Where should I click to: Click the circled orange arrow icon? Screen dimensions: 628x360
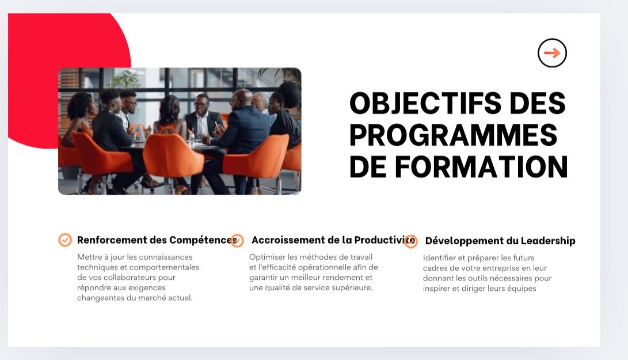pyautogui.click(x=552, y=53)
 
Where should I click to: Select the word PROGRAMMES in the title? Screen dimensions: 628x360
pyautogui.click(x=454, y=135)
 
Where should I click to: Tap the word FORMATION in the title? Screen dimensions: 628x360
pyautogui.click(x=481, y=167)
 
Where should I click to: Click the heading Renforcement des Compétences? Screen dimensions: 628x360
pyautogui.click(x=157, y=240)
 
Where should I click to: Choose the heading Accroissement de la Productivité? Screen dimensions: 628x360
pyautogui.click(x=333, y=240)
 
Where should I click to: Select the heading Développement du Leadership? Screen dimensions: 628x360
pyautogui.click(x=500, y=241)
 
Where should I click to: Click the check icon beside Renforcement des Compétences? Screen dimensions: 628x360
pyautogui.click(x=65, y=240)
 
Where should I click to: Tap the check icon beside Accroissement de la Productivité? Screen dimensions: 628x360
pyautogui.click(x=237, y=241)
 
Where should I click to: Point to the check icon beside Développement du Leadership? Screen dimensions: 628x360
pyautogui.click(x=410, y=241)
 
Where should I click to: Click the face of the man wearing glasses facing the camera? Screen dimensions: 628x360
pyautogui.click(x=201, y=105)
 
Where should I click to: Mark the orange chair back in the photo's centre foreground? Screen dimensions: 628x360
pyautogui.click(x=173, y=156)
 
